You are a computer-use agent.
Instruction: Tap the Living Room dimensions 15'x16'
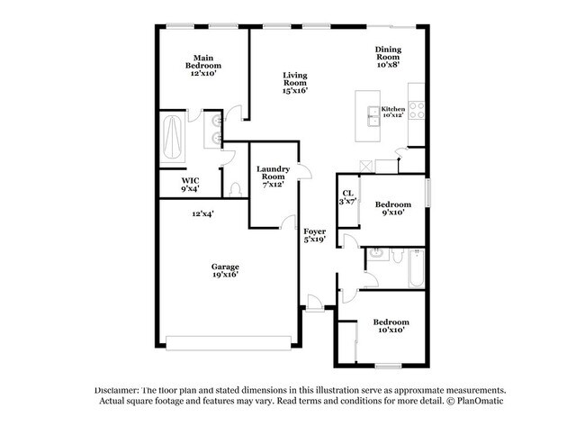[x=295, y=90]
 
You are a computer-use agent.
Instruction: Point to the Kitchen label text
[x=393, y=109]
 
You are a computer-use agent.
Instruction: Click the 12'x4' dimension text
[x=202, y=214]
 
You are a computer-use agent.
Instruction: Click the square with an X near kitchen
[x=365, y=166]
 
